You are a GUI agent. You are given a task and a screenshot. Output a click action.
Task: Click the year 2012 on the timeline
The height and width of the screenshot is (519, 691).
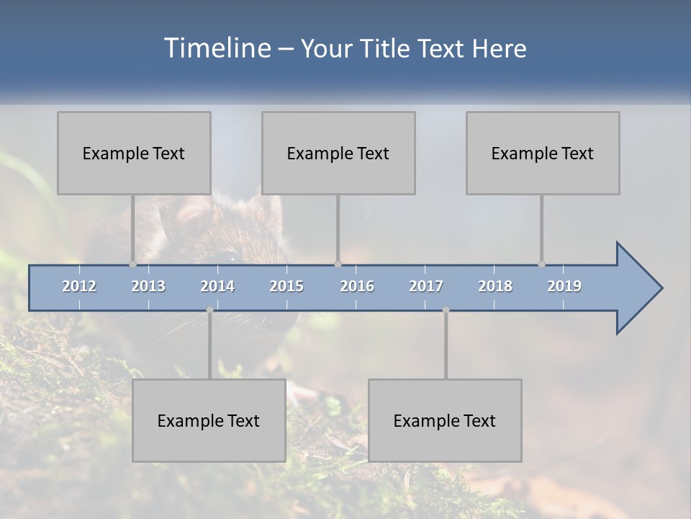coord(79,286)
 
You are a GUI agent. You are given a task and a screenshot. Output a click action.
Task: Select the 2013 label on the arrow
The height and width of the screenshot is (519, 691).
coord(148,286)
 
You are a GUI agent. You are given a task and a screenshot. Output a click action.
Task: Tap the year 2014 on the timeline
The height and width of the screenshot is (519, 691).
coord(217,286)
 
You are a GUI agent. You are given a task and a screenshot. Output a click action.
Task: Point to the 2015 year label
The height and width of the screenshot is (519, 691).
coord(286,286)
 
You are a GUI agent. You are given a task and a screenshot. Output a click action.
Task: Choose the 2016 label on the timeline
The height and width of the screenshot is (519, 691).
coord(357,286)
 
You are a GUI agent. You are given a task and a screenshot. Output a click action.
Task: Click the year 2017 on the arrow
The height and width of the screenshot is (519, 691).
coord(426,286)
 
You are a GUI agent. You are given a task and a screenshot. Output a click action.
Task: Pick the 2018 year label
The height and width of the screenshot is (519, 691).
coord(495,286)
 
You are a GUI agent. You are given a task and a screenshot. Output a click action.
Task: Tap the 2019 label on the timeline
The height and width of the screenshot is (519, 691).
coord(564,286)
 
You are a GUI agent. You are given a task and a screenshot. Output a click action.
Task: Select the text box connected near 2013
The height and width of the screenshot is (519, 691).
coord(134,153)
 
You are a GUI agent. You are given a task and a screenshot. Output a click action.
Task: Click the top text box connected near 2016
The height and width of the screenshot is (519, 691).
coord(338,153)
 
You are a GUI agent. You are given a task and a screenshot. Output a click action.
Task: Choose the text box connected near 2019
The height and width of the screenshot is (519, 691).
coord(543,153)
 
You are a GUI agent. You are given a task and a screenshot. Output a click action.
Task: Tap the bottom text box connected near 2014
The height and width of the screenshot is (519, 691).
coord(209,420)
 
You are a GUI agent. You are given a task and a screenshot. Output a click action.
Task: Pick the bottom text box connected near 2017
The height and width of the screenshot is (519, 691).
coord(445,420)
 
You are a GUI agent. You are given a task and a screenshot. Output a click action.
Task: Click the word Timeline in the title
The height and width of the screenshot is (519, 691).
coord(216,48)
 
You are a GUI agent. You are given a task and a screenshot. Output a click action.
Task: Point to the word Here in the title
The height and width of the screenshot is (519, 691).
coord(499,49)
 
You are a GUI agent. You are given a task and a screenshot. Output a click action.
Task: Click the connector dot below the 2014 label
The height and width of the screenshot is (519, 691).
coord(209,310)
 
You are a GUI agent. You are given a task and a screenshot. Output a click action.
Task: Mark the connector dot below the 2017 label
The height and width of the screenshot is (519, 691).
coord(446,310)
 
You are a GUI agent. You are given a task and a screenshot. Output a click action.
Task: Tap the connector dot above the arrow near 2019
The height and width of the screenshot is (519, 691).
coord(541,264)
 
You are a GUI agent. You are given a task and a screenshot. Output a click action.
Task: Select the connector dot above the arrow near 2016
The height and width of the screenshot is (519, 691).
coord(338,264)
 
